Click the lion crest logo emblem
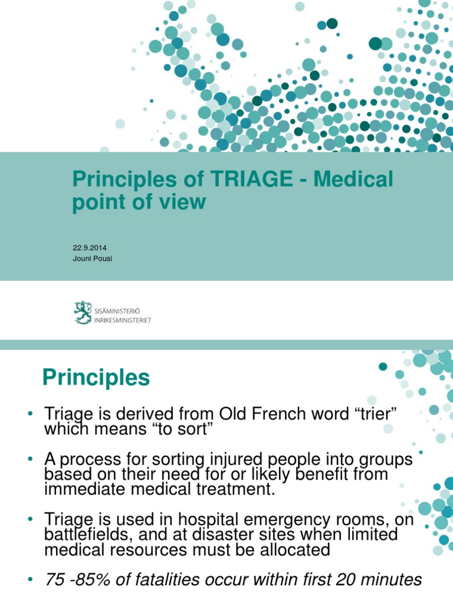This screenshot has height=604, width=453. (x=83, y=311)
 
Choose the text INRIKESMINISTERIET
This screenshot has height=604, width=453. (x=123, y=320)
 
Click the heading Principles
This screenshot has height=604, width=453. (x=96, y=377)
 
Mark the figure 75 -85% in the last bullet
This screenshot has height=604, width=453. (x=78, y=580)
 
